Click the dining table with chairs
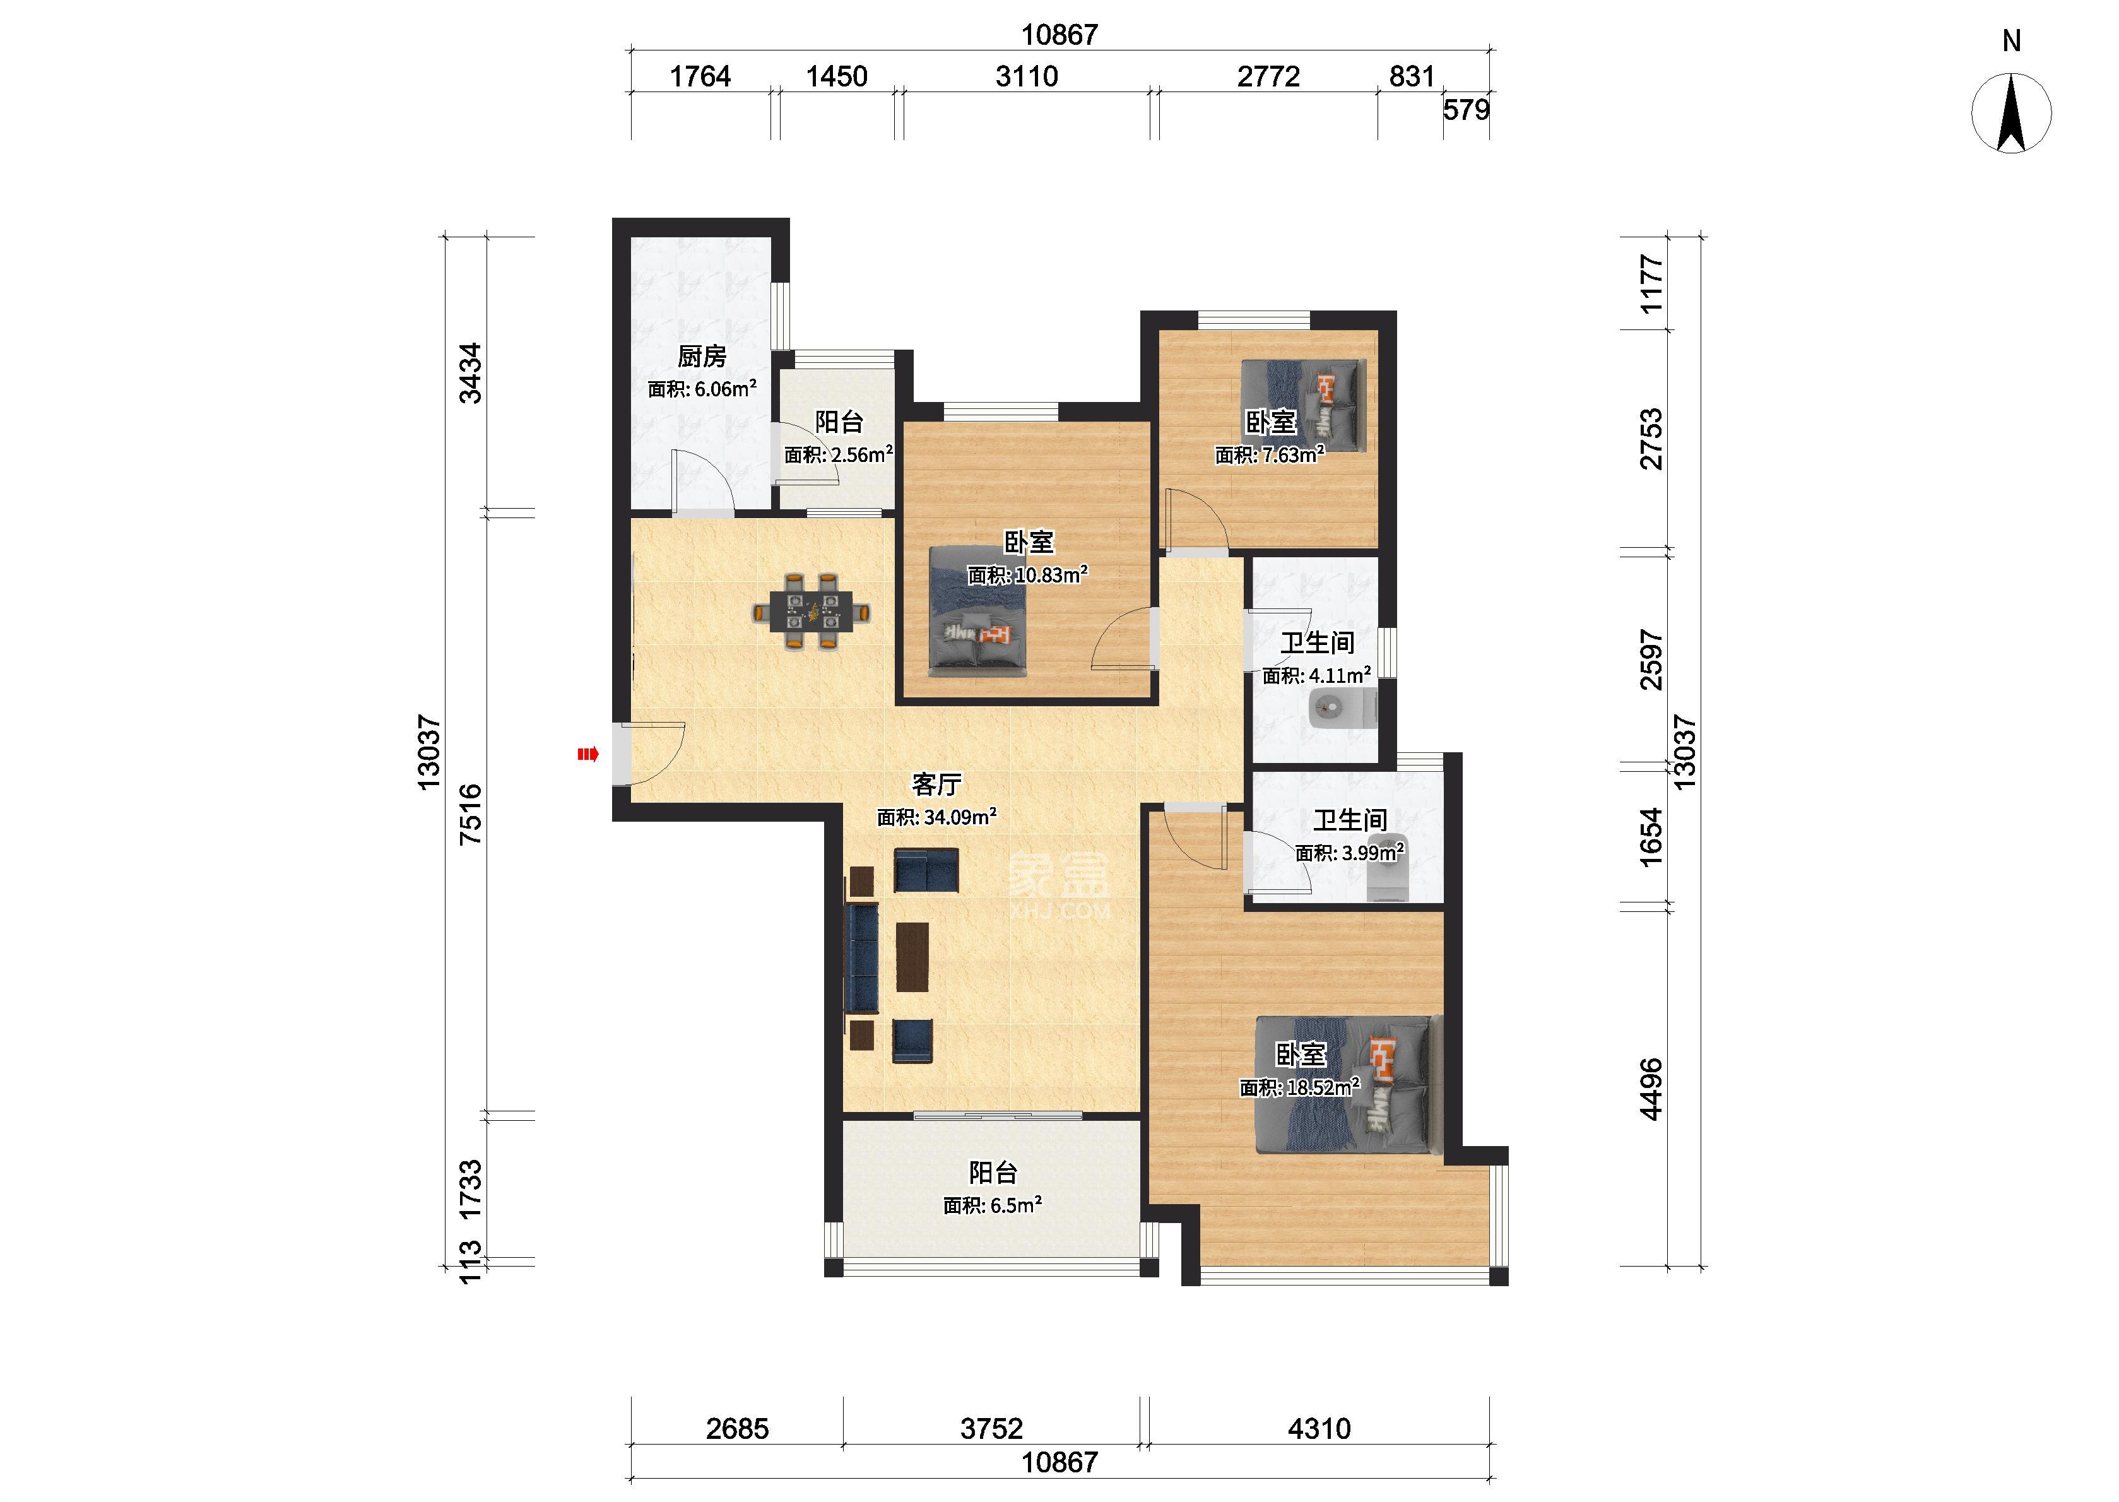point(811,612)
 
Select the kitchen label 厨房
point(702,356)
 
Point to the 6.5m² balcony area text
point(992,1205)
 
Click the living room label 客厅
point(936,784)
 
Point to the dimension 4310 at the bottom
point(1319,1429)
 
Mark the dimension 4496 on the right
point(1650,1089)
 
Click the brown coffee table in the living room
point(912,957)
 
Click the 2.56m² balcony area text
point(839,454)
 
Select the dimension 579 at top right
point(1467,110)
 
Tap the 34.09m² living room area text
point(936,817)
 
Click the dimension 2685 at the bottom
point(737,1429)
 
